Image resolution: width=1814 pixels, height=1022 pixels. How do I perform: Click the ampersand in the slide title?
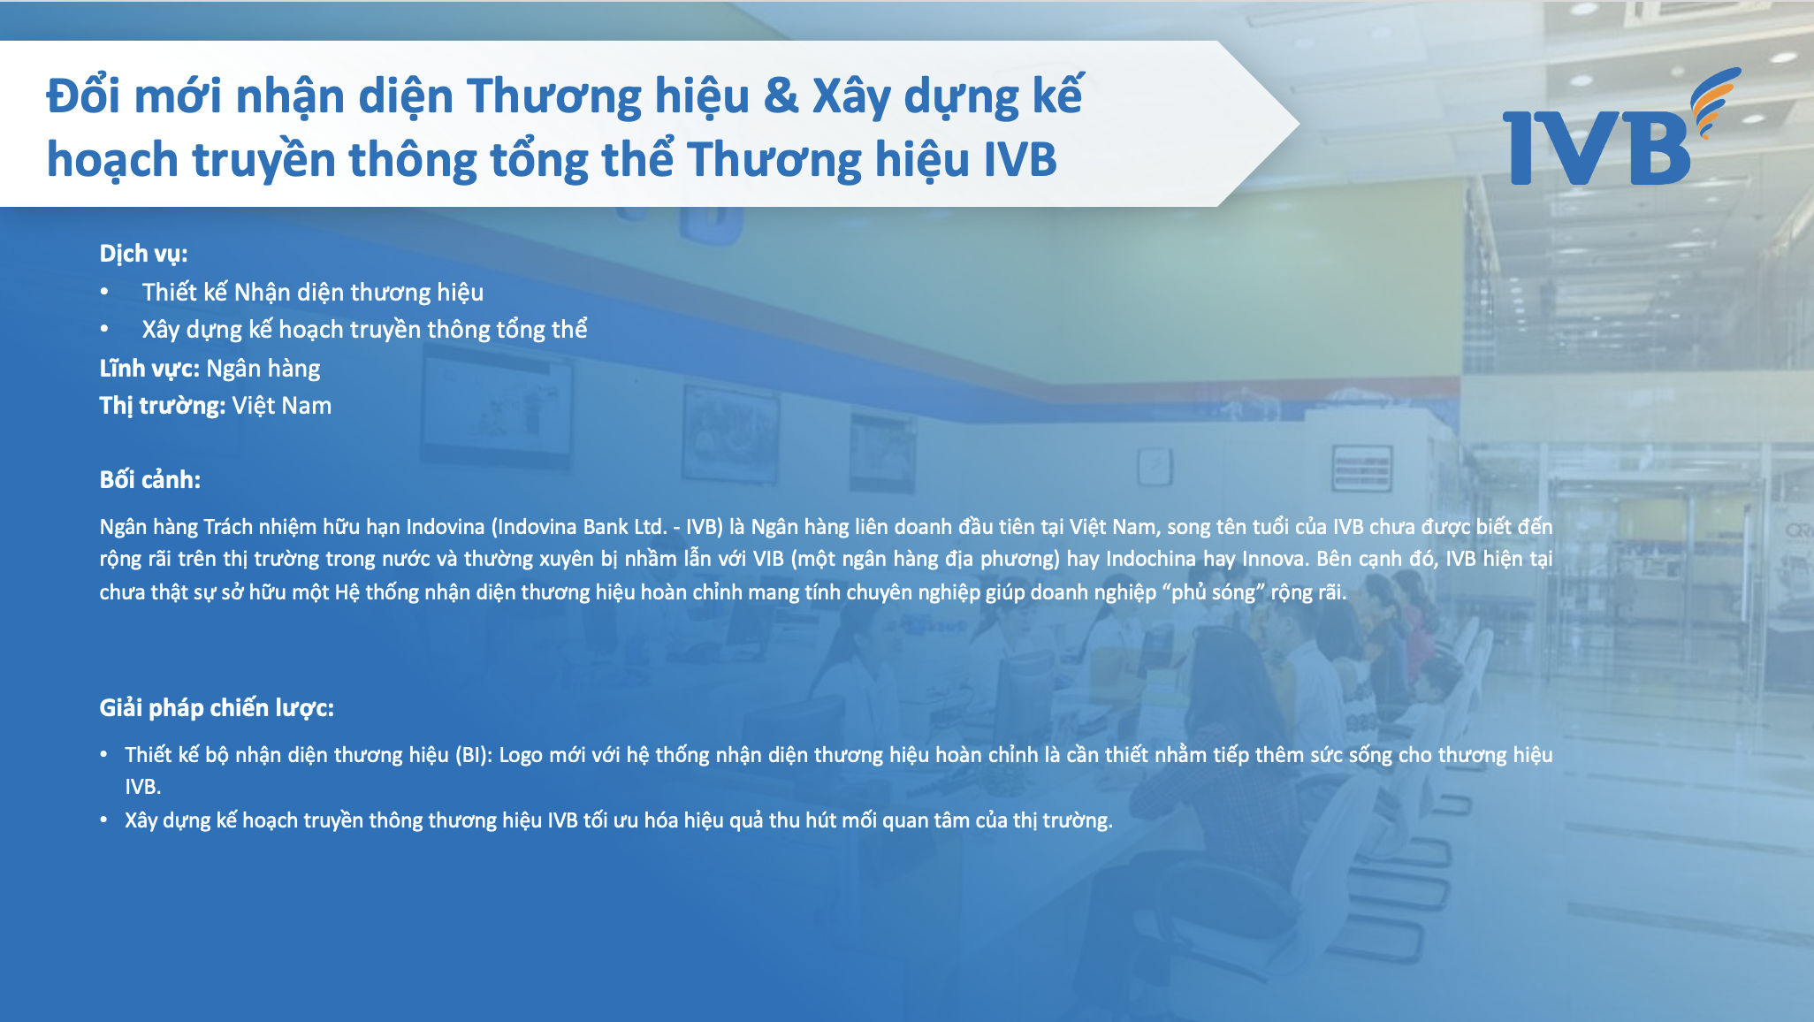pyautogui.click(x=781, y=95)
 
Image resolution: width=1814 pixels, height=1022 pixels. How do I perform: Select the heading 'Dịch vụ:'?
pyautogui.click(x=143, y=254)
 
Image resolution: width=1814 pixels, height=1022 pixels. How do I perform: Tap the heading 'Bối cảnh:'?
pyautogui.click(x=149, y=479)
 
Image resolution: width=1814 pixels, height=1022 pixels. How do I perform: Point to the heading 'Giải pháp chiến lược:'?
pyautogui.click(x=217, y=707)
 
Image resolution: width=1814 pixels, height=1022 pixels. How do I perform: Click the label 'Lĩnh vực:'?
pyautogui.click(x=149, y=368)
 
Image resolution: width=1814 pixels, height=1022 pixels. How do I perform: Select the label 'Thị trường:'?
pyautogui.click(x=163, y=405)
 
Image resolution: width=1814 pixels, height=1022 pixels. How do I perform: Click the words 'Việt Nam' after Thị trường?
pyautogui.click(x=282, y=405)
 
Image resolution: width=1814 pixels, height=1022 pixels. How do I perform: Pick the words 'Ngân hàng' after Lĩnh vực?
pyautogui.click(x=263, y=369)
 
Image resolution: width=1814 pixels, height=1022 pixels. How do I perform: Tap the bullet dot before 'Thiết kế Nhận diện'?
pyautogui.click(x=104, y=292)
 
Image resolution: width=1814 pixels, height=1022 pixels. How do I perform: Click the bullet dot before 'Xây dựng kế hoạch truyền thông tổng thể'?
pyautogui.click(x=104, y=329)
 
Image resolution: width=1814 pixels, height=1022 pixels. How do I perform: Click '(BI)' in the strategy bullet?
pyautogui.click(x=474, y=755)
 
